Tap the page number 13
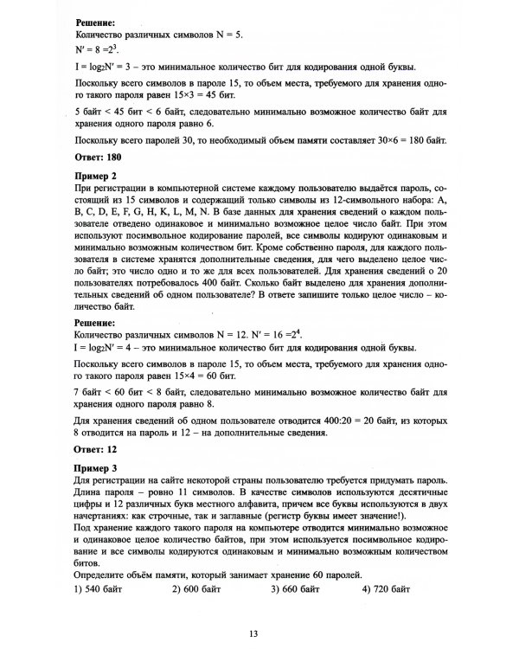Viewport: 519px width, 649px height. point(254,633)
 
